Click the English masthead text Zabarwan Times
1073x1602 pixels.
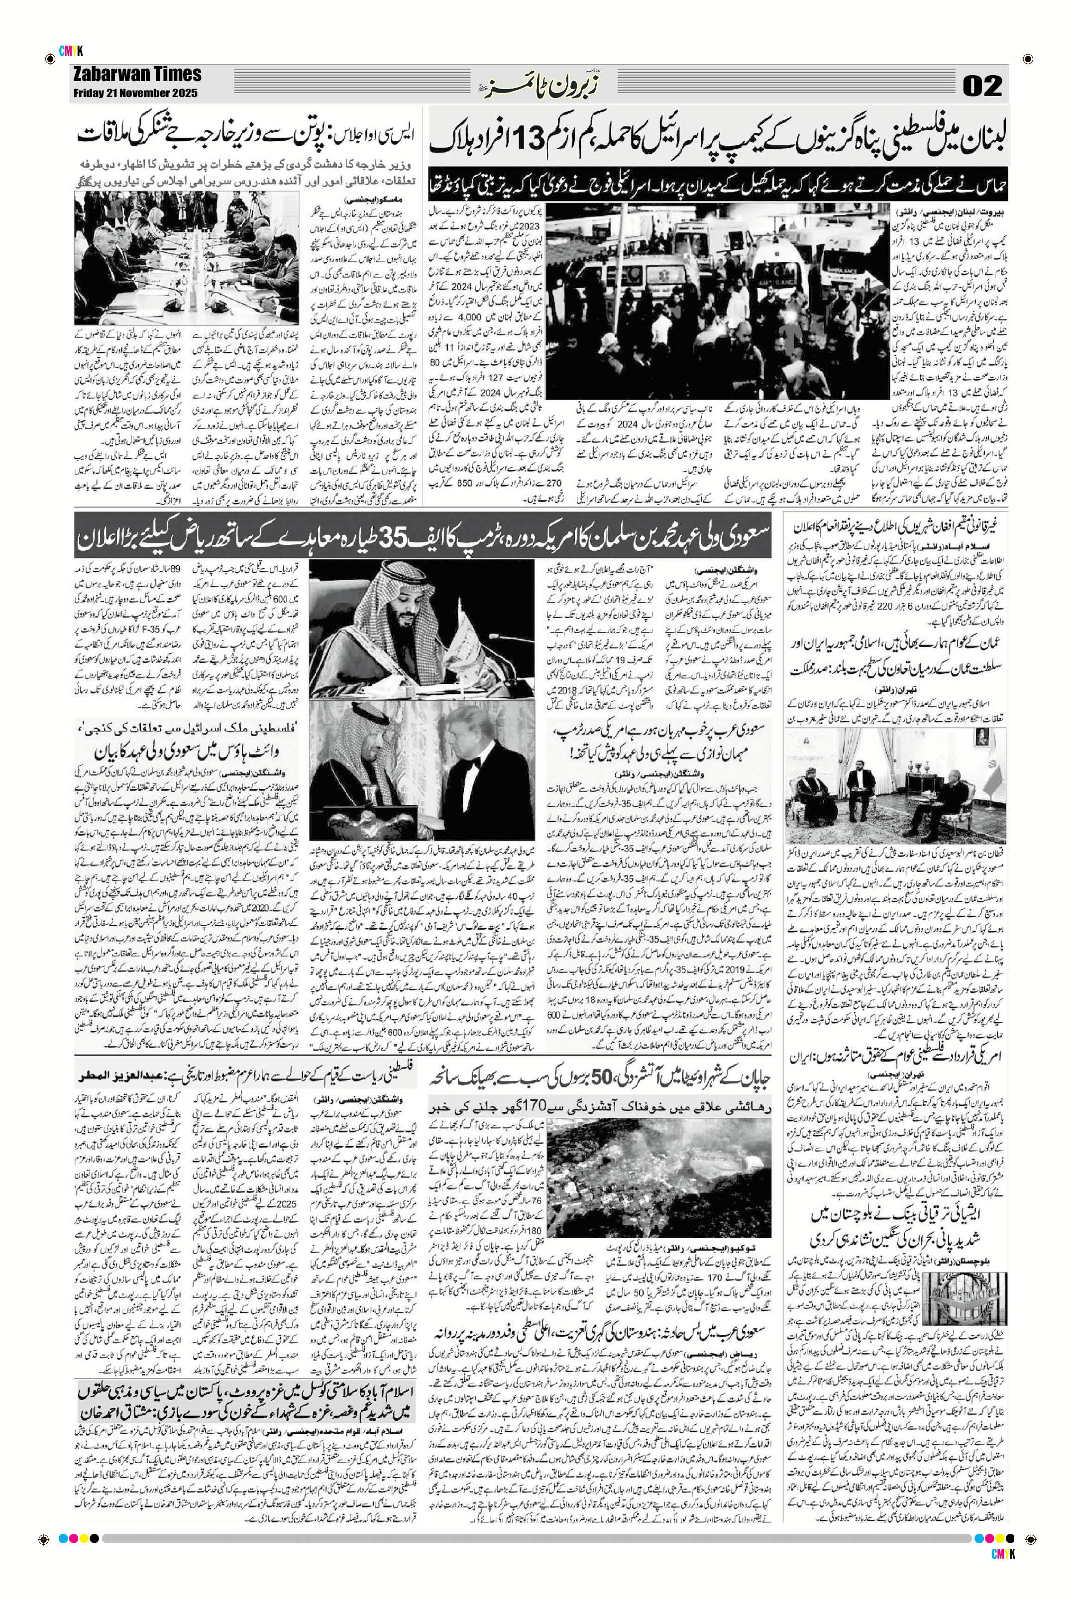pos(137,75)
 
